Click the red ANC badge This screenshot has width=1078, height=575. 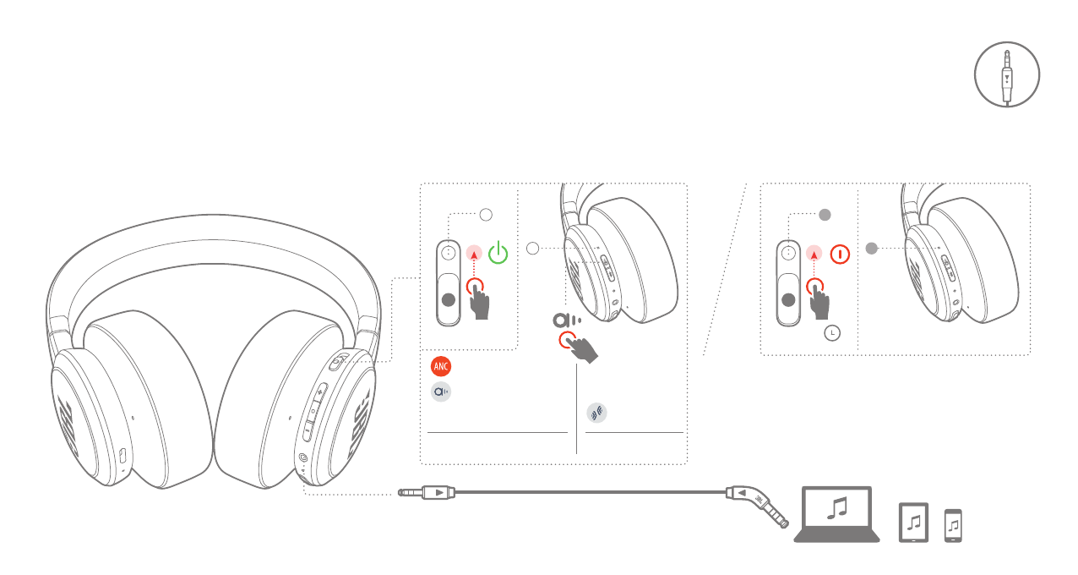[441, 366]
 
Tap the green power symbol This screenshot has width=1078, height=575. [499, 253]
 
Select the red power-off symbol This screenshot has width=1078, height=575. [840, 253]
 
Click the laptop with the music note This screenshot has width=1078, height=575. [836, 513]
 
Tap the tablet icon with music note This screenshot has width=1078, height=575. [913, 523]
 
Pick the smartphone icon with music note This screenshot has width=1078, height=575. [953, 525]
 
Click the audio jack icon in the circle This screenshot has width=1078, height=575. [1006, 75]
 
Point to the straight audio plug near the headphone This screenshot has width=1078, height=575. [427, 491]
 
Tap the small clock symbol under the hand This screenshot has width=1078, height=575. [834, 333]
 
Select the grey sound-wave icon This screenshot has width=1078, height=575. [596, 413]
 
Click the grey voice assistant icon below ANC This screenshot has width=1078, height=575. [441, 392]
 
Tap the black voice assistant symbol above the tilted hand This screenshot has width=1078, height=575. [566, 320]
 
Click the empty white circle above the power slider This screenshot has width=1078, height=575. [486, 215]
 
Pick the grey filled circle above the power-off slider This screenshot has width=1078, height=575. [826, 215]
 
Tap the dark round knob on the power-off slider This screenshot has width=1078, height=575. [789, 299]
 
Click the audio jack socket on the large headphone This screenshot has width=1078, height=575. [302, 459]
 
